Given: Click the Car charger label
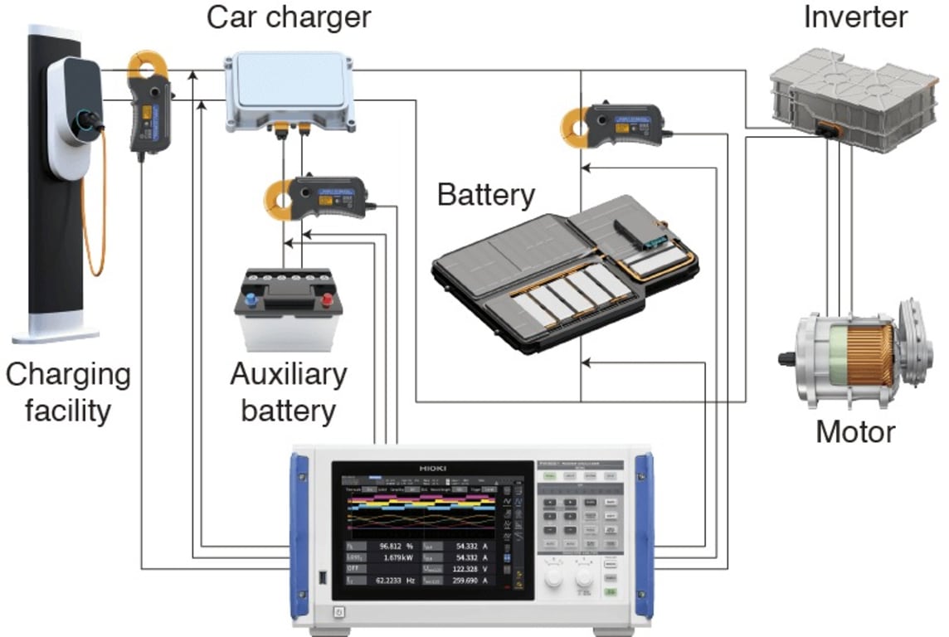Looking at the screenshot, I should pyautogui.click(x=288, y=17).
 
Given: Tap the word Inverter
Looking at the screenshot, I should pyautogui.click(x=855, y=17).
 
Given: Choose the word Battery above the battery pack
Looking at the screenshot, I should pyautogui.click(x=486, y=196).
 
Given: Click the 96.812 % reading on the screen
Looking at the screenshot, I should pyautogui.click(x=393, y=547).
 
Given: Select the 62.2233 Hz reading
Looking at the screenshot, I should pyautogui.click(x=386, y=581).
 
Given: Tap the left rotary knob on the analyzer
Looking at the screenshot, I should pyautogui.click(x=553, y=571).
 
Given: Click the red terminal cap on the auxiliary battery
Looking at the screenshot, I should pyautogui.click(x=326, y=299).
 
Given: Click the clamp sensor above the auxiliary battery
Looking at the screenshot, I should pyautogui.click(x=319, y=197).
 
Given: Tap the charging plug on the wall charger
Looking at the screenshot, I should pyautogui.click(x=90, y=123).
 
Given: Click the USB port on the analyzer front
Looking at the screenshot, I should pyautogui.click(x=321, y=575).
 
